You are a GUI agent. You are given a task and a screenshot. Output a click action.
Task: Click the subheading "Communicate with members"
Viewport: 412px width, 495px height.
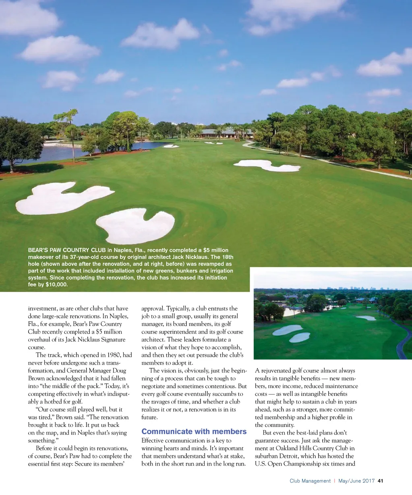tap(194, 432)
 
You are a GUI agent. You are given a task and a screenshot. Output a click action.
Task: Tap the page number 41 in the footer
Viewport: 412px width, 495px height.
tap(381, 481)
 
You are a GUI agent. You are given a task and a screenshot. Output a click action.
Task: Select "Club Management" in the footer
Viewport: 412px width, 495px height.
tap(310, 481)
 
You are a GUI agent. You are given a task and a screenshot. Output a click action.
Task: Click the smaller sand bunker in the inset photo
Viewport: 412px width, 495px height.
tap(300, 337)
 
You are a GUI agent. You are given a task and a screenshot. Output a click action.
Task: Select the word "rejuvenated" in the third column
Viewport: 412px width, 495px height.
tap(277, 371)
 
